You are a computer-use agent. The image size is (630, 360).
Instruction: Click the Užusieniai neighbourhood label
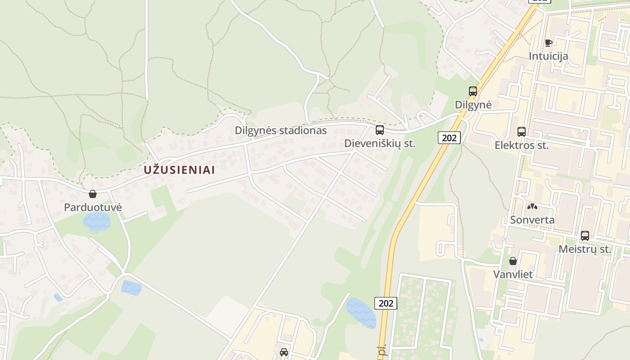point(179,170)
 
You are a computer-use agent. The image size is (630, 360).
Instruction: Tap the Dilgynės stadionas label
point(280,130)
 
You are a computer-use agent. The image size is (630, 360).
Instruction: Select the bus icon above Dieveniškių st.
point(380,130)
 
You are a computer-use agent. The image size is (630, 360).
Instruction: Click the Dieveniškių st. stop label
point(380,144)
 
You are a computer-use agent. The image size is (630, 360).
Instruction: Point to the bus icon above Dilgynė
point(473,91)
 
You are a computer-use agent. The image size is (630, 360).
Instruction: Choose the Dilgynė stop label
point(473,105)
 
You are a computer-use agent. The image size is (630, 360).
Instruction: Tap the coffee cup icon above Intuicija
point(548,43)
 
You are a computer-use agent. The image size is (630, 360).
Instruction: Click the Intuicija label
point(548,56)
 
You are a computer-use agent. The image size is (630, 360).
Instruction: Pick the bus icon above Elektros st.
point(522,132)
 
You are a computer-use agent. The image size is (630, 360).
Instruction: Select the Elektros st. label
point(522,145)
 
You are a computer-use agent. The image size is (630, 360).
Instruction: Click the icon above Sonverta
point(532,207)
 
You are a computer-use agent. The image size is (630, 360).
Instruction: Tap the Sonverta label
point(532,220)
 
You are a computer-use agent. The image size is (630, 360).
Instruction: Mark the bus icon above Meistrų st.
point(585,235)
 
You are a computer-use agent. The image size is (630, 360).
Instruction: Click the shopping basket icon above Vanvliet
point(513,261)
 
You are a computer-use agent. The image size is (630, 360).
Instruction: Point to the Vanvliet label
point(513,274)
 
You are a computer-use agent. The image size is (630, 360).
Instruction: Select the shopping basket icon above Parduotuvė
point(93,194)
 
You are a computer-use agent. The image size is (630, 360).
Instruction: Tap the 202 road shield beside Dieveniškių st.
point(449,138)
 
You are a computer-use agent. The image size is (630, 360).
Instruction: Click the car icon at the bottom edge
point(283,352)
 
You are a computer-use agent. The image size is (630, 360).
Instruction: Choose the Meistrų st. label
point(585,249)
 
